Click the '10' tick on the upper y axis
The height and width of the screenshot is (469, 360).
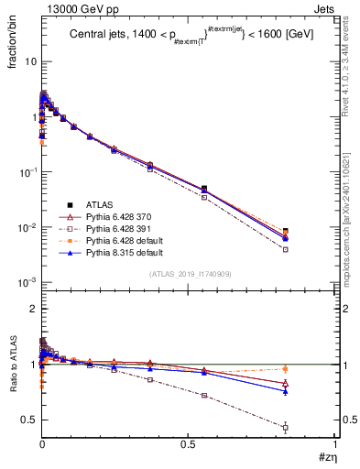pyautogui.click(x=30, y=61)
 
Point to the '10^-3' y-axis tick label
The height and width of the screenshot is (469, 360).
pyautogui.click(x=27, y=282)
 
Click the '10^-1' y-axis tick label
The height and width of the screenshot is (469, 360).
pyautogui.click(x=27, y=172)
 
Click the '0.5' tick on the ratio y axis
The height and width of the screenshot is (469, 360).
pyautogui.click(x=29, y=420)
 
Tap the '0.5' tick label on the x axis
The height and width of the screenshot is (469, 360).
pyautogui.click(x=189, y=446)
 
